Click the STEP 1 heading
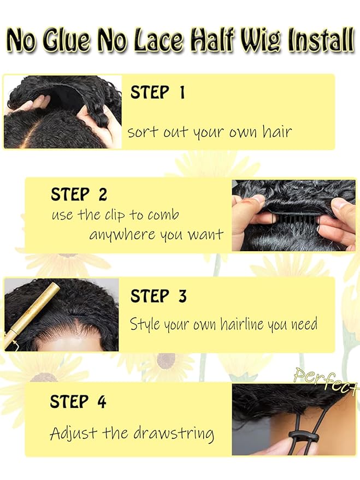(157, 93)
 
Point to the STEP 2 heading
(79, 194)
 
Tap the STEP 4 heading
(78, 402)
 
